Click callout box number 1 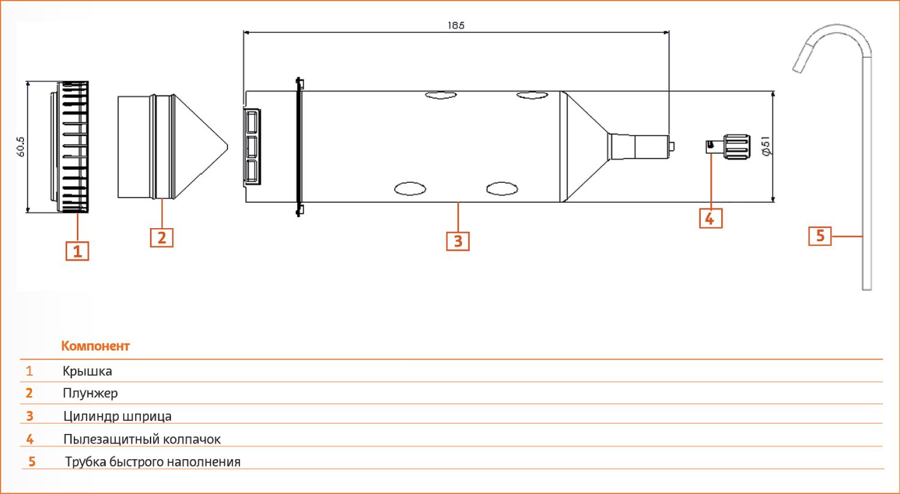click(x=77, y=251)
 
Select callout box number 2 click(x=161, y=237)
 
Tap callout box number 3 click(x=458, y=241)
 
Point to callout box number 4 click(x=710, y=218)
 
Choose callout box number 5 click(x=820, y=235)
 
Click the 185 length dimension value click(x=456, y=25)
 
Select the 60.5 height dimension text click(x=21, y=146)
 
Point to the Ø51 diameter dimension click(x=766, y=146)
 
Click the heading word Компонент click(x=95, y=346)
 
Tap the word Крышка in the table click(x=87, y=371)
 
